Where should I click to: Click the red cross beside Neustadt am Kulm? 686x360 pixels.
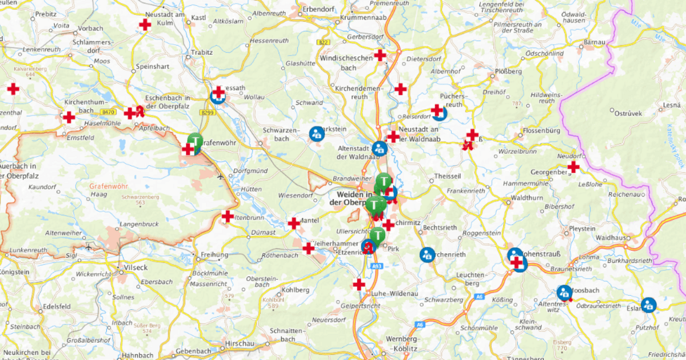click(145, 25)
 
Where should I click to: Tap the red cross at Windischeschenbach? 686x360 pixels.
click(380, 55)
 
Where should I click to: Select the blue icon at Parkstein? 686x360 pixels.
click(316, 134)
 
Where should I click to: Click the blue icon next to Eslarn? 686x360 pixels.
click(648, 304)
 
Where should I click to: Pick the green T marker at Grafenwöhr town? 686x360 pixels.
click(196, 141)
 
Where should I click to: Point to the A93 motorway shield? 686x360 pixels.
click(376, 266)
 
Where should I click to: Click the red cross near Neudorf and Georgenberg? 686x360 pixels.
click(573, 167)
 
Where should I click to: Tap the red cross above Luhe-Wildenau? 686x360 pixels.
click(359, 284)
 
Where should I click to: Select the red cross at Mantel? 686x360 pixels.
click(294, 223)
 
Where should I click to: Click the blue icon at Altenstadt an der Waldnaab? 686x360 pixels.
click(380, 149)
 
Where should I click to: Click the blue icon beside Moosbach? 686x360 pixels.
click(564, 293)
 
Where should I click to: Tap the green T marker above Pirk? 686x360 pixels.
click(377, 235)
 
